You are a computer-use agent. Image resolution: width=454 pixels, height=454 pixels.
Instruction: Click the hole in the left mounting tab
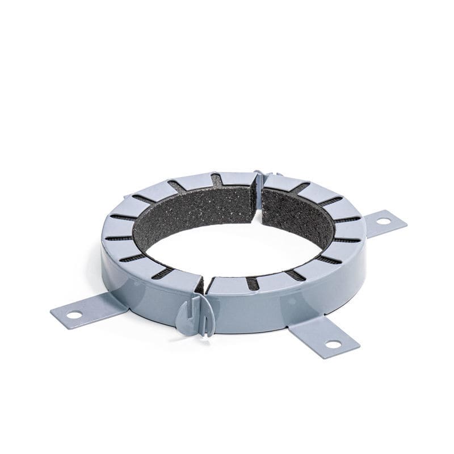[x=74, y=314]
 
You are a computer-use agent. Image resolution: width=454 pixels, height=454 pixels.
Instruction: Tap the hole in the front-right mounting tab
[x=333, y=344]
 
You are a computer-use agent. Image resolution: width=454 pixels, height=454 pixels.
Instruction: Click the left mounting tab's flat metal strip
[x=91, y=310]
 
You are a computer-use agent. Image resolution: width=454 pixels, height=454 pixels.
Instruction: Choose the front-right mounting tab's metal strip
[x=318, y=335]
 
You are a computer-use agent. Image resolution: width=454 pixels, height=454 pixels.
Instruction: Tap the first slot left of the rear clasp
[x=217, y=180]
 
